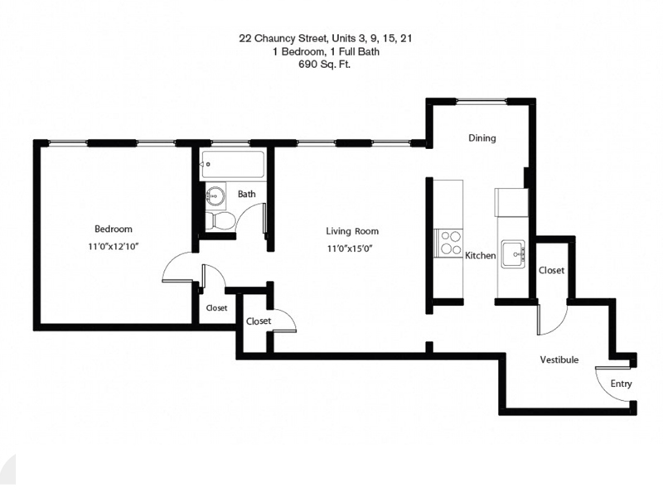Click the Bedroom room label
pos(113,229)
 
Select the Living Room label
pos(351,231)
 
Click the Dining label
pos(482,138)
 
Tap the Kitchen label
pos(480,256)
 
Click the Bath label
pos(246,195)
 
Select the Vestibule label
pos(559,360)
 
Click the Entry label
pos(621,384)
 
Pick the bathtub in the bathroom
pos(232,165)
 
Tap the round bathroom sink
pos(215,197)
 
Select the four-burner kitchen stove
pos(450,243)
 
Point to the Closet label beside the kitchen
pos(551,271)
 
